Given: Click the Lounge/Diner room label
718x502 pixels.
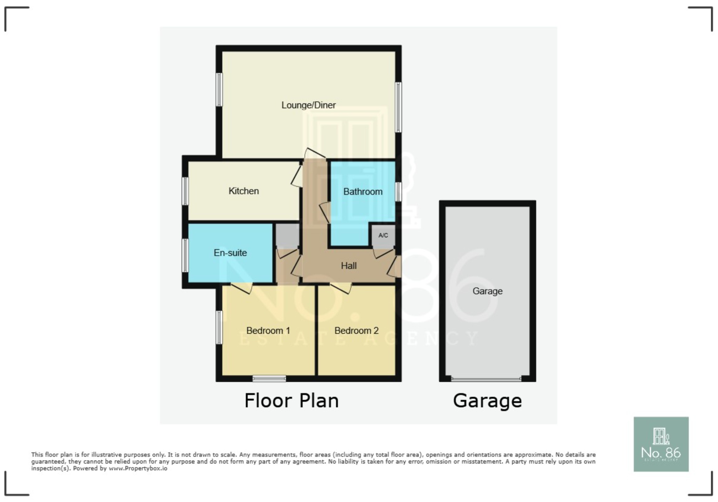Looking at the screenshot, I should (x=309, y=105).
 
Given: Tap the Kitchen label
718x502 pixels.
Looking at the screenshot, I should (x=244, y=191).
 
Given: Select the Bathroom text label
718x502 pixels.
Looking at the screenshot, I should (x=363, y=192).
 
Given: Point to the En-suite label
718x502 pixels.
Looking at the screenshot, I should (x=230, y=253).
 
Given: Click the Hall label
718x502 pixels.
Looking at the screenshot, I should (x=349, y=266).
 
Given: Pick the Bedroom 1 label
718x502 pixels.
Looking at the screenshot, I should (x=268, y=331).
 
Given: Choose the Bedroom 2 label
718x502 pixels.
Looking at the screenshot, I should (x=357, y=331).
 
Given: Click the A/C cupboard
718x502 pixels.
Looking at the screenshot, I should (x=383, y=236).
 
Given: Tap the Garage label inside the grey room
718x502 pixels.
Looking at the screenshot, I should (x=487, y=291).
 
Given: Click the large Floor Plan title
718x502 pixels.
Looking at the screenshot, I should (x=291, y=401).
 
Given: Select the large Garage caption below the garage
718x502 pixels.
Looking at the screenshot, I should (x=487, y=401).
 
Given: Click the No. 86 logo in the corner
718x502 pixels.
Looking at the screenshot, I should (x=661, y=444).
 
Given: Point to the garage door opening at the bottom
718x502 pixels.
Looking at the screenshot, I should (x=486, y=379).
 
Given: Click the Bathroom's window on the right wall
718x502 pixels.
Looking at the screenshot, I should (x=398, y=192).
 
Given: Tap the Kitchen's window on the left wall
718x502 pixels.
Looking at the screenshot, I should (x=185, y=191).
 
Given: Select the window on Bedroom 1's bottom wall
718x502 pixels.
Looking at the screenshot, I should (x=269, y=379).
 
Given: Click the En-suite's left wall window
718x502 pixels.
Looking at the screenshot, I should (x=185, y=255).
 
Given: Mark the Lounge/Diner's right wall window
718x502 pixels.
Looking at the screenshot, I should (x=398, y=107).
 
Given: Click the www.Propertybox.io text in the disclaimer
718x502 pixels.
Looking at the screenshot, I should (x=138, y=468).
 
